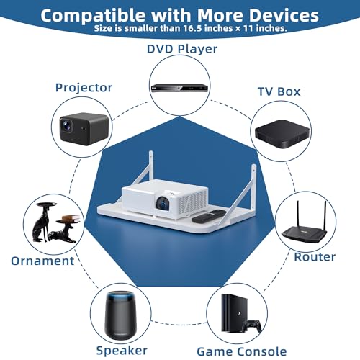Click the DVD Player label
click(x=182, y=49)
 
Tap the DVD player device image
click(x=179, y=88)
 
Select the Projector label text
click(x=84, y=88)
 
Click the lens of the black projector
click(x=66, y=125)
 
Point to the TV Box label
click(x=279, y=91)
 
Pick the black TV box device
click(x=282, y=134)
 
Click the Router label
click(x=315, y=257)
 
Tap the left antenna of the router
click(x=297, y=215)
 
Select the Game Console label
click(x=242, y=352)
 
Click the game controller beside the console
click(x=252, y=325)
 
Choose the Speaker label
click(x=122, y=351)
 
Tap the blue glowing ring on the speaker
click(x=120, y=297)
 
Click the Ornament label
click(x=42, y=261)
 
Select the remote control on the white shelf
click(x=208, y=216)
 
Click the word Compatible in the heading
click(x=94, y=16)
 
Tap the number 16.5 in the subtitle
click(x=193, y=28)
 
